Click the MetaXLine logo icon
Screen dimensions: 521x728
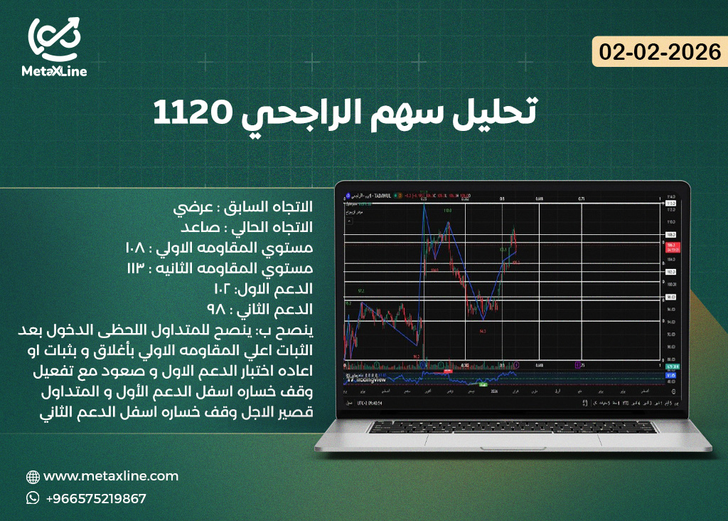coord(54,38)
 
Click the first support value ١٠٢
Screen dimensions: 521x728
coord(225,289)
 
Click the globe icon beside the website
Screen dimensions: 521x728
coord(33,477)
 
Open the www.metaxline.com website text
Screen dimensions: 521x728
coord(111,476)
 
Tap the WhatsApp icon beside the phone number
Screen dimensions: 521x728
coord(33,498)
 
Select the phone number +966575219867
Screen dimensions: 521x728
coord(96,498)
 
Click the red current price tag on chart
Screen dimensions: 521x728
coord(671,247)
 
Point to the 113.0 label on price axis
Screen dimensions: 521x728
coord(670,203)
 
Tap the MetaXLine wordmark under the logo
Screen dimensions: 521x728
coord(54,71)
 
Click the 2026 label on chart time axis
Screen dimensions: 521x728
coord(502,392)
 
